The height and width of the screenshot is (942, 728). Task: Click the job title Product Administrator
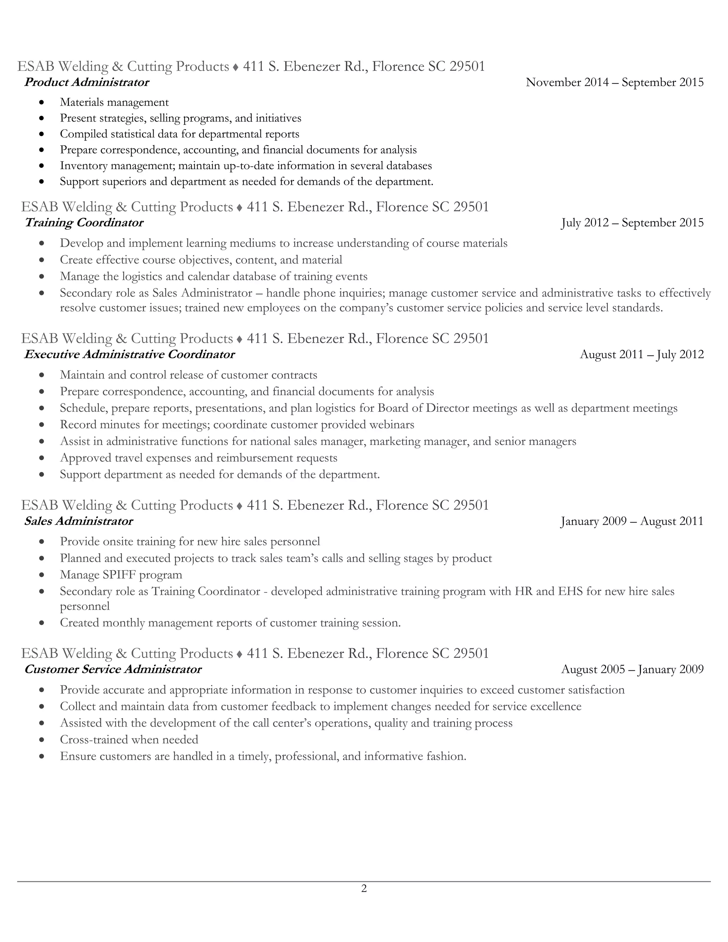click(87, 82)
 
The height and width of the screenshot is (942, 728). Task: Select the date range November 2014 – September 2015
click(615, 82)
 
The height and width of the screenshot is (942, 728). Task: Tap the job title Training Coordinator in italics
click(84, 223)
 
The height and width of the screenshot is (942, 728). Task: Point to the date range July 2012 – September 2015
click(632, 223)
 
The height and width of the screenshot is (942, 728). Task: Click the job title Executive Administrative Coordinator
click(130, 354)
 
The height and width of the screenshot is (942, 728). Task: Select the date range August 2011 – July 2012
click(642, 354)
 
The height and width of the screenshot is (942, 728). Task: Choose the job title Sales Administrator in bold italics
click(79, 521)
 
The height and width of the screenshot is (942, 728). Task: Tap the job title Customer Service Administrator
click(113, 669)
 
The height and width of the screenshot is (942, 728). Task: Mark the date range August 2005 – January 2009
click(632, 669)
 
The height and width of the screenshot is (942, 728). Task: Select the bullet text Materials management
click(114, 102)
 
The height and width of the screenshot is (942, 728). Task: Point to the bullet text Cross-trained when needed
click(129, 739)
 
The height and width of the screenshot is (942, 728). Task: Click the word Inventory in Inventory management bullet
click(84, 166)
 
